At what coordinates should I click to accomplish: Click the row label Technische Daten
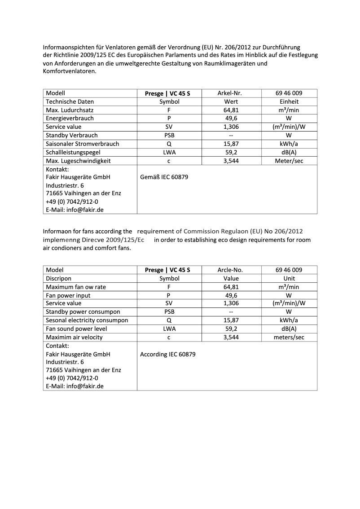point(70,102)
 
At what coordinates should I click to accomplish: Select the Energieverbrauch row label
point(70,118)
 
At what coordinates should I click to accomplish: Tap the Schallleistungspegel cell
point(73,152)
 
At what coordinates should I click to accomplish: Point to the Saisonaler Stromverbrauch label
point(82,144)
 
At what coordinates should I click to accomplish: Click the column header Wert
point(231,102)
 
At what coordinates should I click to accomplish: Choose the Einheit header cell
point(289,102)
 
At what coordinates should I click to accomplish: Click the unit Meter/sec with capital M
point(289,161)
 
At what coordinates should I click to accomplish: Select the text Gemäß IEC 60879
point(164,177)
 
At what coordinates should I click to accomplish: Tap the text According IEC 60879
point(167,354)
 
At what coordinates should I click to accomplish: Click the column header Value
point(231,278)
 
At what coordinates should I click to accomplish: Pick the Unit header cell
point(289,278)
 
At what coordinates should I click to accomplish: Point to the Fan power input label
point(68,295)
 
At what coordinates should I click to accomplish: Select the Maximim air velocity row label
point(75,337)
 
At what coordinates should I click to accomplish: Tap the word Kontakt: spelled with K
point(57,169)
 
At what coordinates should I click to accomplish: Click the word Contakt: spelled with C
point(57,346)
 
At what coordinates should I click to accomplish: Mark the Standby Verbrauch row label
point(71,136)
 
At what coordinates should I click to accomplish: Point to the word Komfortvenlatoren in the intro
point(69,71)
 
